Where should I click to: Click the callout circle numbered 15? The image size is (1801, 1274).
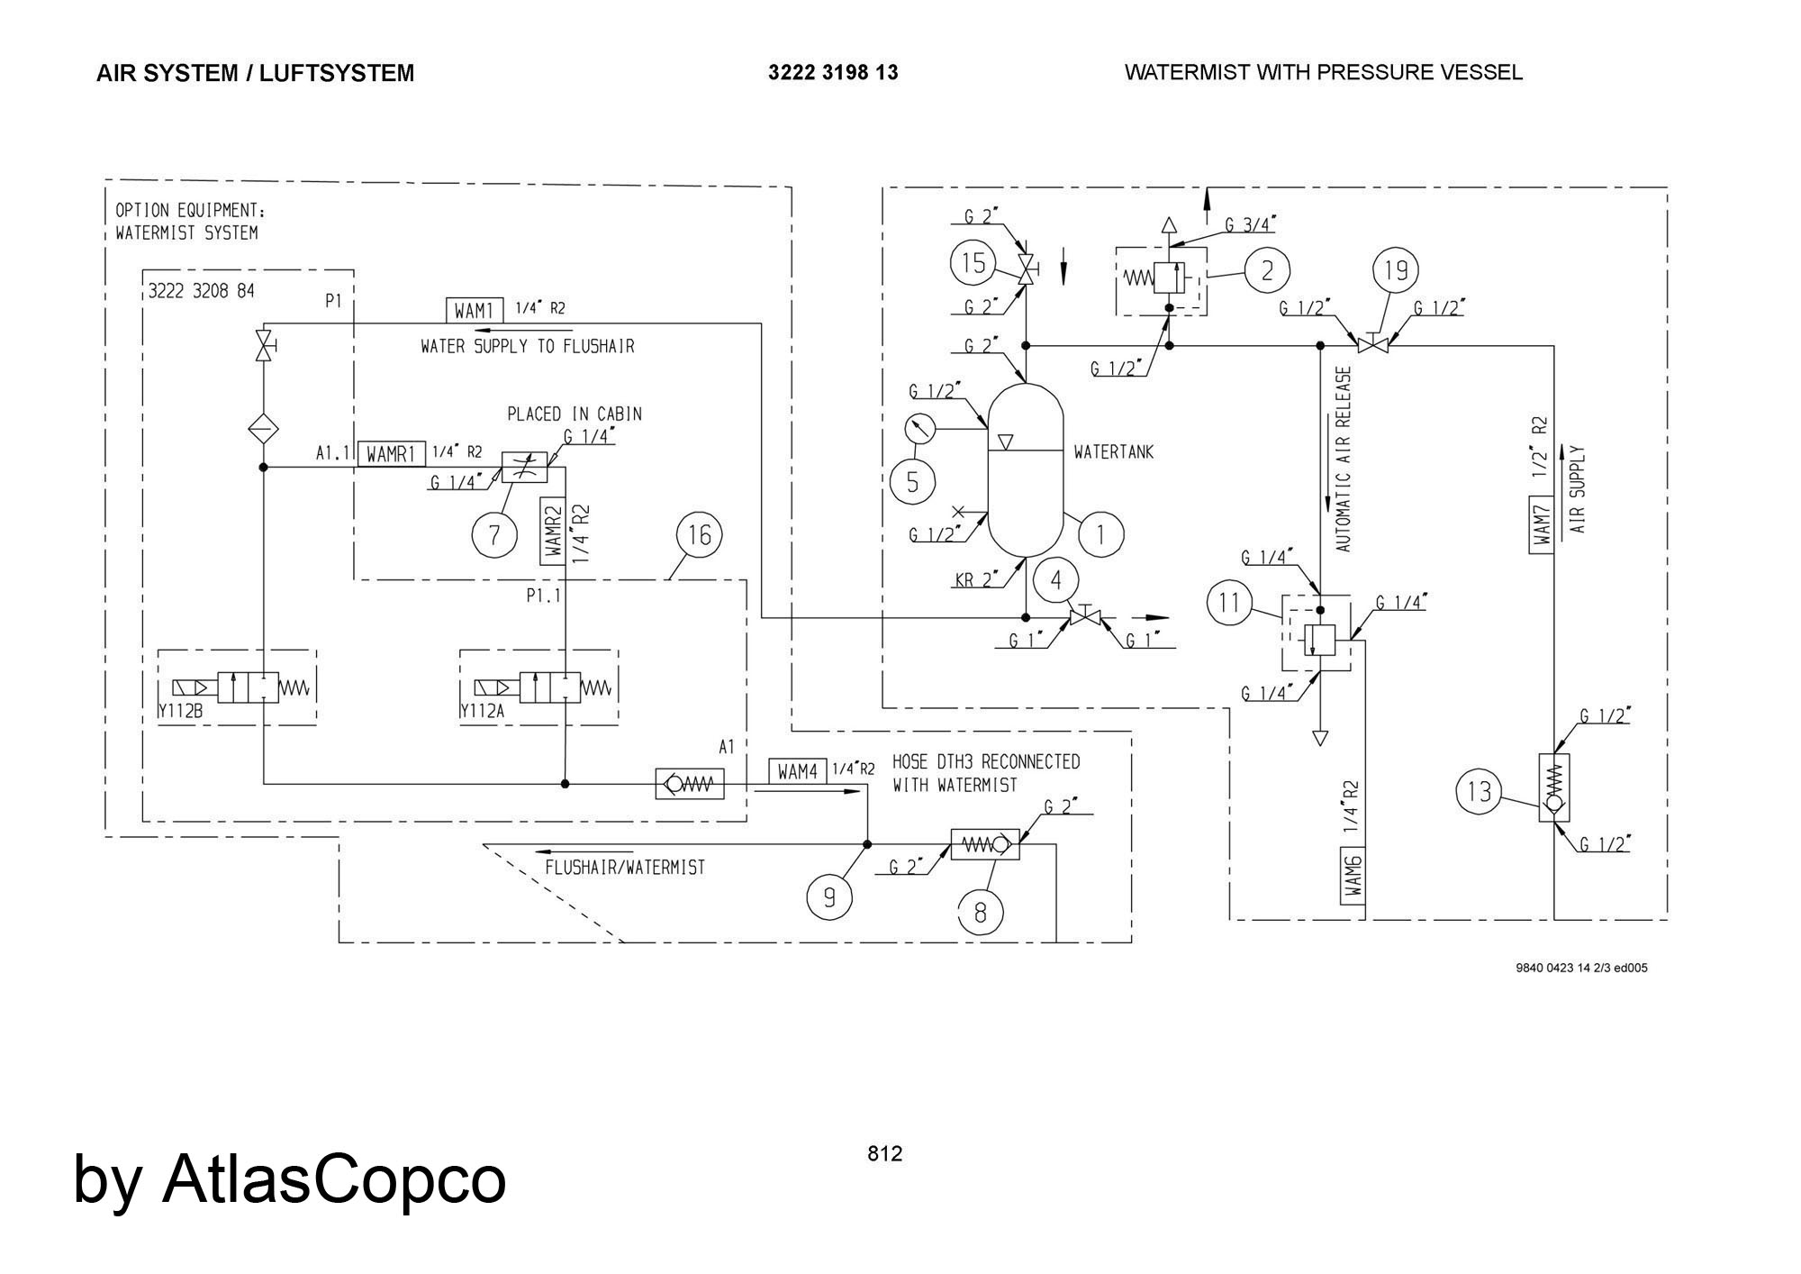(973, 264)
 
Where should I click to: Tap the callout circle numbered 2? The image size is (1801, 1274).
(1268, 270)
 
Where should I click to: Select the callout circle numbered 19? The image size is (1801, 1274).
(1395, 269)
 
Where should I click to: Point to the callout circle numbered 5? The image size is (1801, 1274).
(912, 482)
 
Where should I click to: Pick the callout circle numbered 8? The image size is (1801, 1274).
(980, 913)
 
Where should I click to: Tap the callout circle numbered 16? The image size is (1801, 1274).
(699, 535)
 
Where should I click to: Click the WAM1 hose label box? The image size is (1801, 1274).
(475, 311)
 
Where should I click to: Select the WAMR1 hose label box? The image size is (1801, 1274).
(391, 454)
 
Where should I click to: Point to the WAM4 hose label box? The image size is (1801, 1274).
(797, 771)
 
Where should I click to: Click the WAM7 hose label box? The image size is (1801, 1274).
(1542, 524)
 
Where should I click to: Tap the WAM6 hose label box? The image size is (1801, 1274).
(1353, 874)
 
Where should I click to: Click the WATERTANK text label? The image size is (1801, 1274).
(1113, 452)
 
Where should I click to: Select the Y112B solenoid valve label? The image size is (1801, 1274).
(180, 711)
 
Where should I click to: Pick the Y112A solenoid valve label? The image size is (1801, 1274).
(482, 711)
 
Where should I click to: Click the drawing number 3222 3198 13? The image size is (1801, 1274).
(833, 73)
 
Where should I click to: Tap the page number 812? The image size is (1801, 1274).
(884, 1153)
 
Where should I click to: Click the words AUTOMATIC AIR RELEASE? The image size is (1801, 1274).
(1344, 460)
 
